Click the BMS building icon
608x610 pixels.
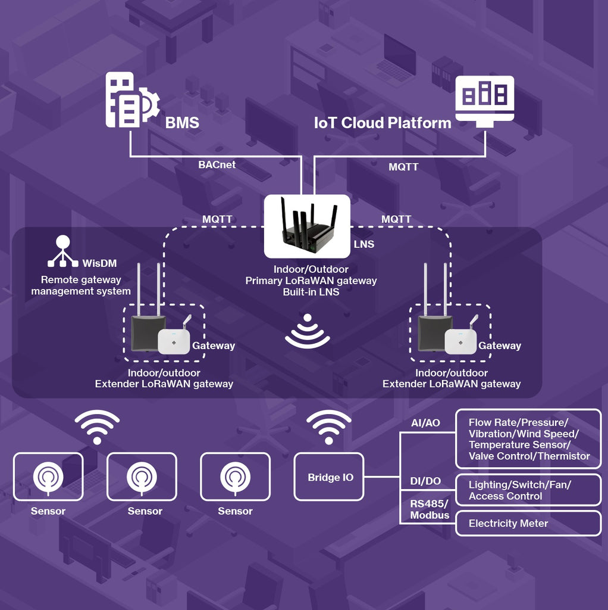132,100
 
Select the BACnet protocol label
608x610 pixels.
217,164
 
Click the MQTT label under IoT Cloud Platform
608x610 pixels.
403,167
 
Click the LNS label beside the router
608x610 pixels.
364,244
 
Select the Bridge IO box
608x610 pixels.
329,477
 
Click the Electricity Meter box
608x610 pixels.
528,523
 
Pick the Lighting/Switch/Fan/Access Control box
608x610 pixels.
528,490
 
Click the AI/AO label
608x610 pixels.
425,423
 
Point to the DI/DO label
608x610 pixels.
425,481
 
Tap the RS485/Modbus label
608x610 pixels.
430,509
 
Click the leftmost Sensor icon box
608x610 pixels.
48,477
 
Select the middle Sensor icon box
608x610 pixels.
142,477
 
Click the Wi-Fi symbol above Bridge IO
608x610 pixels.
328,427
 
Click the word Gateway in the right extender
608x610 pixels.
500,346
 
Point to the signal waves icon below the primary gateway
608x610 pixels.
308,331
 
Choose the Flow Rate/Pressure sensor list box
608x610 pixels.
528,439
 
